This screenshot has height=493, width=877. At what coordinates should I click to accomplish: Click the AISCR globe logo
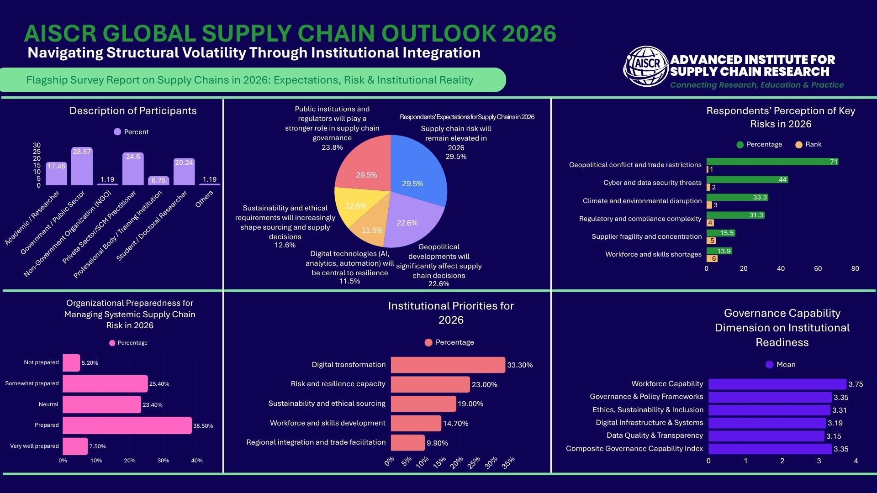point(646,66)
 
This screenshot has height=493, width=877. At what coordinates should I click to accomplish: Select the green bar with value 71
point(772,162)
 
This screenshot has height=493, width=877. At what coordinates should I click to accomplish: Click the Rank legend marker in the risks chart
point(799,145)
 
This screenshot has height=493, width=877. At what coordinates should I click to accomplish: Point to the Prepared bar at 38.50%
point(127,425)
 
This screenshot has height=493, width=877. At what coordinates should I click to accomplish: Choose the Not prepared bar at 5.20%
point(71,363)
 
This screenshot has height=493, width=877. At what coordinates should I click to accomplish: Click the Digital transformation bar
point(448,365)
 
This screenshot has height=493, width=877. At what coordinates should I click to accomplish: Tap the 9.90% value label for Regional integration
point(437,443)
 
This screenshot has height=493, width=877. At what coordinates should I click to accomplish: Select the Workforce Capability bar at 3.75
point(777,384)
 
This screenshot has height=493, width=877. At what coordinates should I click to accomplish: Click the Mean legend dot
point(769,365)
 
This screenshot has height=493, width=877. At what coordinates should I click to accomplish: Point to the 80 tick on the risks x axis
point(855,269)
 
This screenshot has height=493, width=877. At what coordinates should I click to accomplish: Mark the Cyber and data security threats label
point(652,183)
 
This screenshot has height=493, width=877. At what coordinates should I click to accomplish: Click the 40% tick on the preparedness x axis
point(197,461)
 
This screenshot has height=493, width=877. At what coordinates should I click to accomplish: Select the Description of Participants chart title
point(133,111)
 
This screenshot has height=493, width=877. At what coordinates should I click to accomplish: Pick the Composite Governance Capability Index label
point(634,449)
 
